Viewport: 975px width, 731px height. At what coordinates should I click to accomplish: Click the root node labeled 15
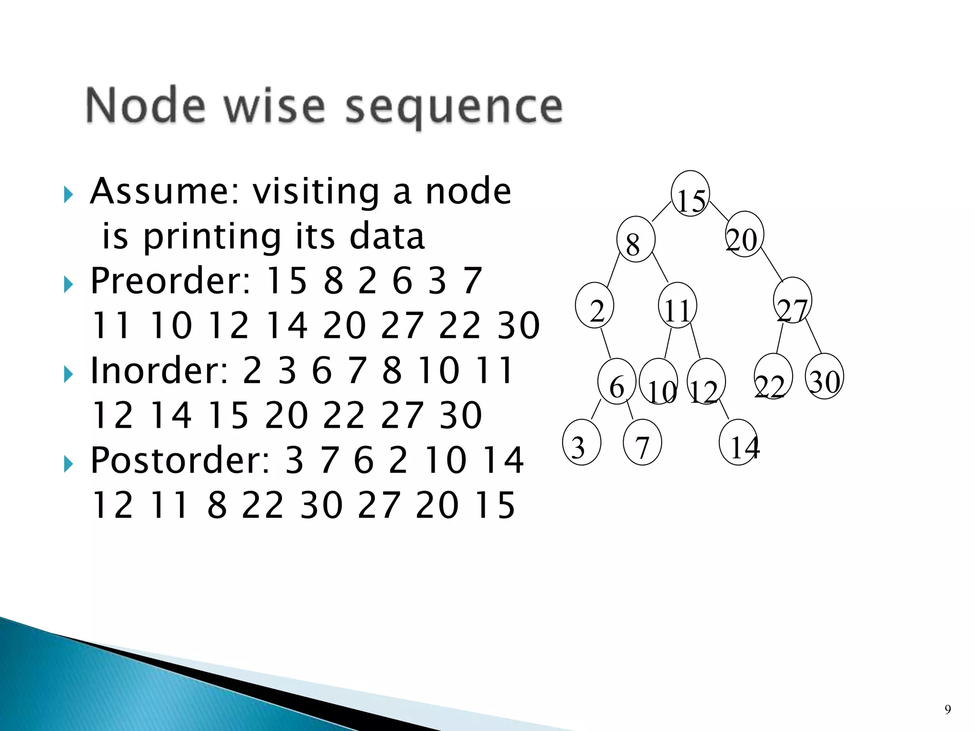tap(690, 194)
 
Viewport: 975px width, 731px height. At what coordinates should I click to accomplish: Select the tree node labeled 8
tap(636, 239)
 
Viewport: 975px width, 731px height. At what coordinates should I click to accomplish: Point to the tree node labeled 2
tap(595, 306)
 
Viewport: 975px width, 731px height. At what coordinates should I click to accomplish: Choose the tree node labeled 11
tap(677, 306)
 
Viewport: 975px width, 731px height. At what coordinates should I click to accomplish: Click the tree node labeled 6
tap(617, 381)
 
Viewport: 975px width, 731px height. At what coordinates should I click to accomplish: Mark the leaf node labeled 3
tap(581, 442)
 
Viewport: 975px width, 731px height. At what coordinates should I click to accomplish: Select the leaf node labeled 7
tap(642, 442)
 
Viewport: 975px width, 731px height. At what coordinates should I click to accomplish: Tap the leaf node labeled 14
tap(739, 442)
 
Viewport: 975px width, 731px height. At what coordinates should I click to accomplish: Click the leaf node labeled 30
tap(825, 376)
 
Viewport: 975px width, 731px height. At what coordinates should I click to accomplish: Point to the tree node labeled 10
tap(659, 382)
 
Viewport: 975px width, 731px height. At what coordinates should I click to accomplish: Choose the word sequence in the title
tap(453, 107)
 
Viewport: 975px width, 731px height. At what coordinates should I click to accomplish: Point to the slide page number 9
tap(947, 710)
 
